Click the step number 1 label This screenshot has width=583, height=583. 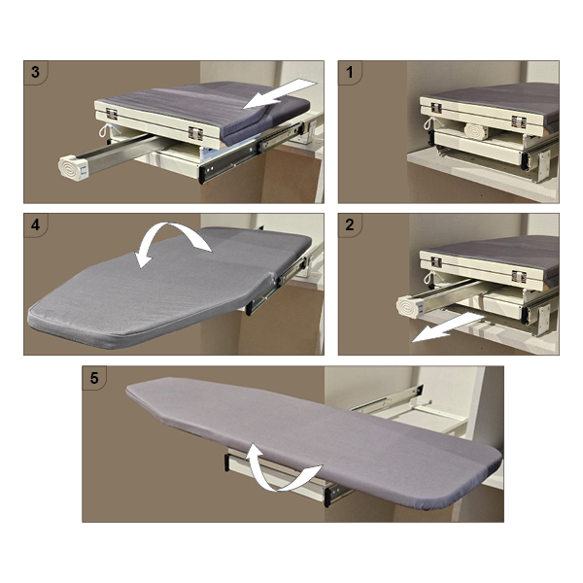349,72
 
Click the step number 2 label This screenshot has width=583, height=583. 350,224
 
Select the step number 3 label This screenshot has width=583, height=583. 35,72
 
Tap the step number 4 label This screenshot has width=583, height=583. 35,224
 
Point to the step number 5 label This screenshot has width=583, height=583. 94,378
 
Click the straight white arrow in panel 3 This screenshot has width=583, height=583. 280,94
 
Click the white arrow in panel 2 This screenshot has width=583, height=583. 448,327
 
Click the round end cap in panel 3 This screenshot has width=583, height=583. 73,168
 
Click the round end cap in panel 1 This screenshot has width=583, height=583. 475,131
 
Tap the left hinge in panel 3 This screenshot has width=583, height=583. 112,114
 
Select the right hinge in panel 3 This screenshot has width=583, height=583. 195,133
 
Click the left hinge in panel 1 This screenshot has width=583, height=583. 435,108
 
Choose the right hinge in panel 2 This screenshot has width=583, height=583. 518,276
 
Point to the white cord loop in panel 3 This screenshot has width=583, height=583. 105,130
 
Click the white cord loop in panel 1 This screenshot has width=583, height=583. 429,123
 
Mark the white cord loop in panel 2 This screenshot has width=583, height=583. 429,277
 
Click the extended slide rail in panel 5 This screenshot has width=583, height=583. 387,400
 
